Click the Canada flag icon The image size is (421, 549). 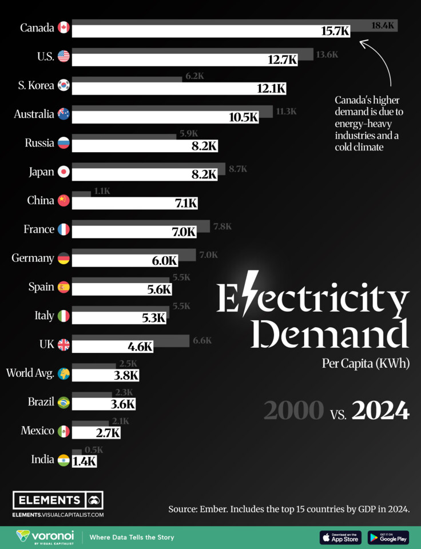63,27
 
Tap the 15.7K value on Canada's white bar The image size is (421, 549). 335,31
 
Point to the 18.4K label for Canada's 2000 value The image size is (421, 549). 383,26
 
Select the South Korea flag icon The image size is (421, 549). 63,85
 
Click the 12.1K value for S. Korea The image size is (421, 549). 271,89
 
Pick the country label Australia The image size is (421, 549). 34,114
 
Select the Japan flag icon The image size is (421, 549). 63,172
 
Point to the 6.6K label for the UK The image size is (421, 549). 202,340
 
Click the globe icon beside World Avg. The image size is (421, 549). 63,373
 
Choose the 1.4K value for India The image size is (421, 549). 85,462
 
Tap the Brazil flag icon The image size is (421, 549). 63,403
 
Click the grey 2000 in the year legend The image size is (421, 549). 293,411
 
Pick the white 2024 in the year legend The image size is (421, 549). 380,411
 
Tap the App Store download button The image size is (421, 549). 340,538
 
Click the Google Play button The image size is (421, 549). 388,538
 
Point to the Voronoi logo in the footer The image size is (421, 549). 45,537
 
